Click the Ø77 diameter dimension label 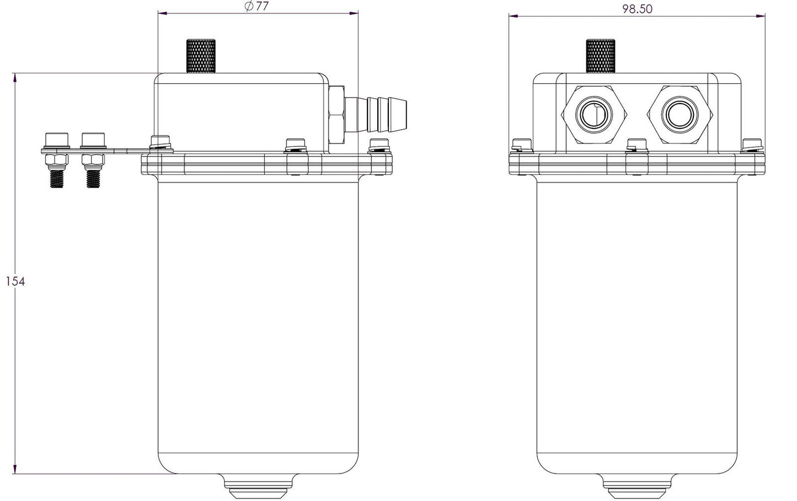tap(257, 7)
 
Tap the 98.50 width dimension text tap(637, 9)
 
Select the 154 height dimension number tap(15, 281)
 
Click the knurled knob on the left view tap(201, 56)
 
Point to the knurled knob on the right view tap(601, 56)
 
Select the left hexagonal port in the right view tap(594, 115)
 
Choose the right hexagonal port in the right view tap(680, 115)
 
